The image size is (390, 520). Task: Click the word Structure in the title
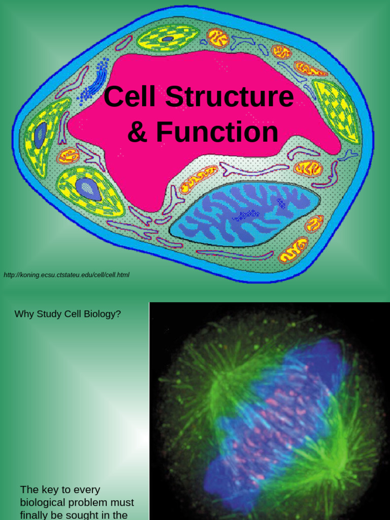230,96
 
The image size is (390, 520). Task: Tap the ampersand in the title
137,132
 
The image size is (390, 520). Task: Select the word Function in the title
217,132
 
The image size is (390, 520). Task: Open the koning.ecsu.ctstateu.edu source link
67,275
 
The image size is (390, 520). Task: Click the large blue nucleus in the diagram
244,214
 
